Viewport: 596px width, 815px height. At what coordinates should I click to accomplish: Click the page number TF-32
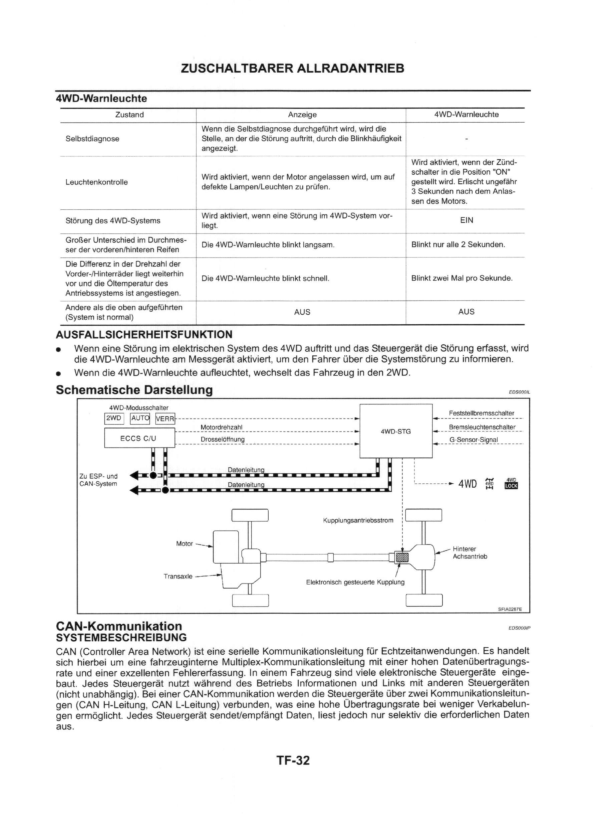click(x=293, y=760)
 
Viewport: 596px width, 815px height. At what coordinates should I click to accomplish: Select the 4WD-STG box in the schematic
click(x=396, y=431)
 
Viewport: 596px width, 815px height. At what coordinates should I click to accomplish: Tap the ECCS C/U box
click(x=139, y=438)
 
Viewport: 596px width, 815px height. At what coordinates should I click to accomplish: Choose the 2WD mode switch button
click(x=114, y=418)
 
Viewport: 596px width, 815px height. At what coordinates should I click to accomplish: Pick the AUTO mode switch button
click(x=139, y=418)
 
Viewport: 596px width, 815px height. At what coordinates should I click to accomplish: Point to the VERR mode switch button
click(x=165, y=419)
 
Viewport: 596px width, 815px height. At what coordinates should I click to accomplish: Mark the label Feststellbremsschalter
click(x=481, y=413)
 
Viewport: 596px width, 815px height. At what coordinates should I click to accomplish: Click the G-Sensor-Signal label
click(x=473, y=440)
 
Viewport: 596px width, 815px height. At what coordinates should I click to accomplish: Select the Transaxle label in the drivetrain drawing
click(x=178, y=576)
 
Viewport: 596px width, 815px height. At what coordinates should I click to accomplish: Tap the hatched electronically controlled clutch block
click(x=402, y=557)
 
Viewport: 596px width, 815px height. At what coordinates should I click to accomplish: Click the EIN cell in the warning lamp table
click(x=466, y=220)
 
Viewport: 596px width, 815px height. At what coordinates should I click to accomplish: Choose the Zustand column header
click(x=129, y=115)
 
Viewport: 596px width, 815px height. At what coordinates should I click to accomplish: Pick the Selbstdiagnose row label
click(x=92, y=139)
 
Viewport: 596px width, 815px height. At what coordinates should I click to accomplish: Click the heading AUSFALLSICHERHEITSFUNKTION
click(x=144, y=334)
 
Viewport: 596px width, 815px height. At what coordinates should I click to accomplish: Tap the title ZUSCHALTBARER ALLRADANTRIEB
click(x=292, y=68)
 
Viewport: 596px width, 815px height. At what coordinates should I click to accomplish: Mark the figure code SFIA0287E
click(x=510, y=609)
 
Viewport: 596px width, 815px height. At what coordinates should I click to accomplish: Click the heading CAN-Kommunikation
click(x=119, y=626)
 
